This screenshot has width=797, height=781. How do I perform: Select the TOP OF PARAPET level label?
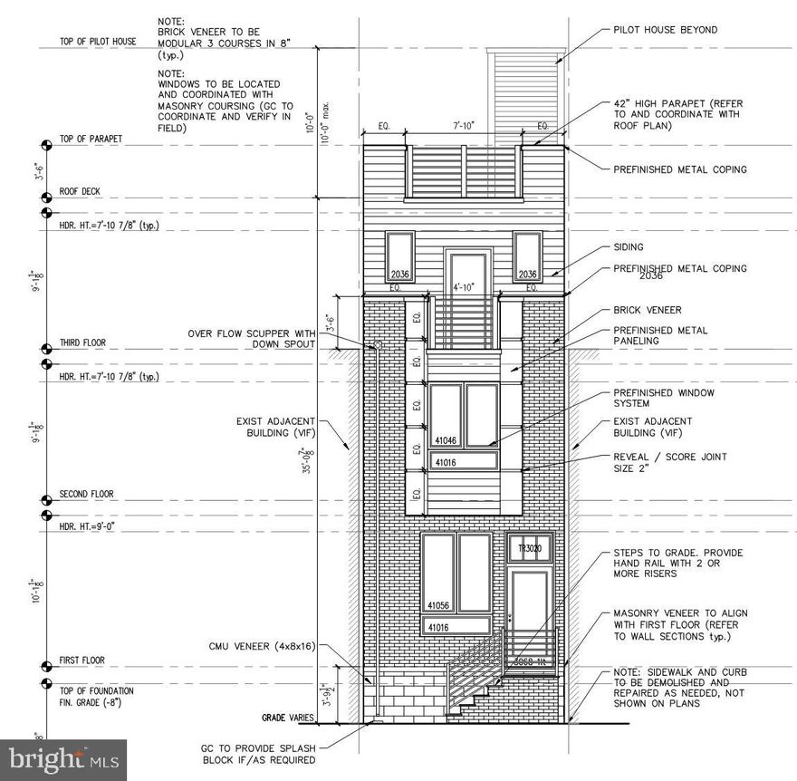coord(91,140)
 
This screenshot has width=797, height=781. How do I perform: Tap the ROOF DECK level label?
coord(80,192)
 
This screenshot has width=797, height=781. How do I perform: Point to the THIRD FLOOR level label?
coord(82,343)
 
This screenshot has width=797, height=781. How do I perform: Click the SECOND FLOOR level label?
coord(87,495)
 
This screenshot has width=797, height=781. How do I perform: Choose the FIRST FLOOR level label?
coord(82,660)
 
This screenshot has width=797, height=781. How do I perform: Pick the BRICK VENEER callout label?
coord(648,310)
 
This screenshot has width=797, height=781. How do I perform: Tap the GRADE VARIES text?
coord(288,718)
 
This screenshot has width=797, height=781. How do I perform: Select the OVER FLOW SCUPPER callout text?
coord(251,339)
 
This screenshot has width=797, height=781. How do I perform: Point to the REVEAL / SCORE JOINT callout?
coord(670,463)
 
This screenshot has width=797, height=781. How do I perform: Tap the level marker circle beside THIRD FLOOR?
coord(45,349)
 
